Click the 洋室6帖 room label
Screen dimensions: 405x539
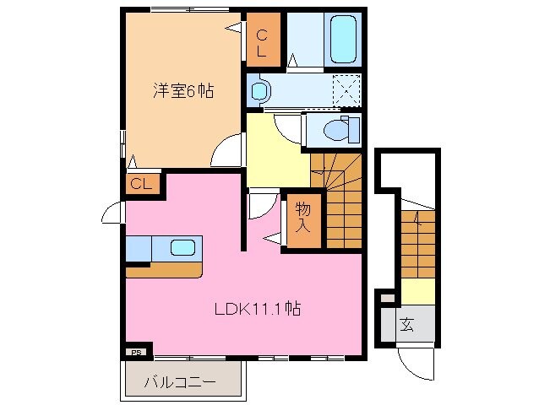tap(182, 90)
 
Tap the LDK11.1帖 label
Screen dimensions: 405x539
tap(257, 309)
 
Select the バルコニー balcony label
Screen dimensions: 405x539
tap(178, 381)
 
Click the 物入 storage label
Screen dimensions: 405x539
tap(302, 218)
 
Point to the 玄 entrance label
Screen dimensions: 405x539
tap(406, 323)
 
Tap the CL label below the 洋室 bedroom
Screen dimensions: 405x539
tap(141, 183)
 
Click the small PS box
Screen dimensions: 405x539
tap(135, 352)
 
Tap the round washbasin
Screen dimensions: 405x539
tap(259, 89)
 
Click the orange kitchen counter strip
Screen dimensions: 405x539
tap(165, 271)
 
